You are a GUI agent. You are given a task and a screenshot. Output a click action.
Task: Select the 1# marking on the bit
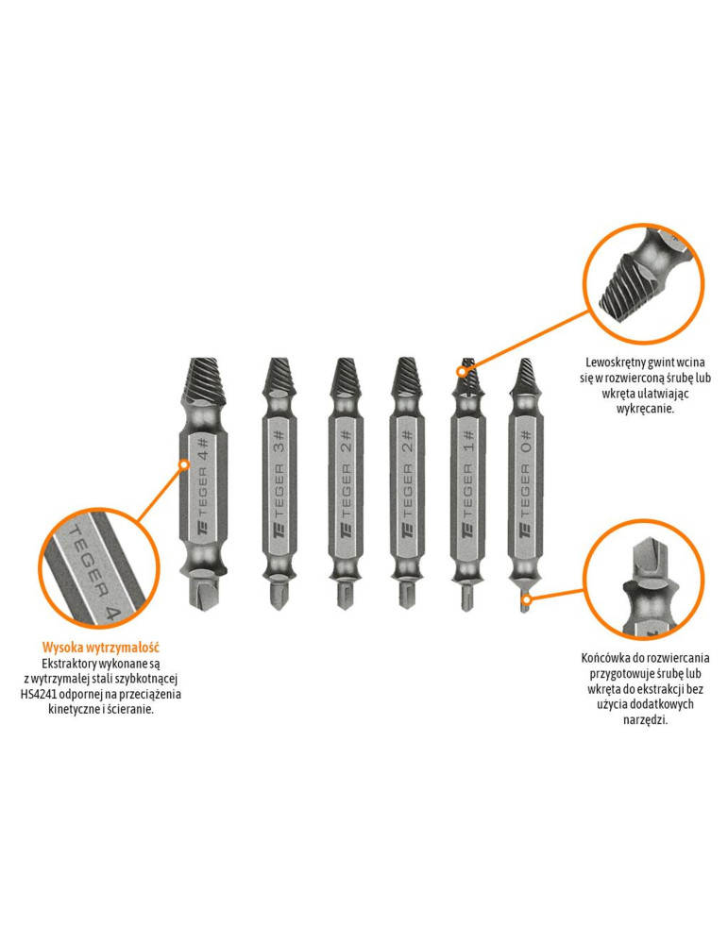(x=468, y=441)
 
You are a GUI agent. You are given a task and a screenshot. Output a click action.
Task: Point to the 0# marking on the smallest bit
(x=525, y=441)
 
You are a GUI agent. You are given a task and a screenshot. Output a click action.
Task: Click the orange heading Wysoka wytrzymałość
(x=100, y=648)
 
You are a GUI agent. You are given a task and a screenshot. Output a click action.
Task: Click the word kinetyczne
(x=74, y=709)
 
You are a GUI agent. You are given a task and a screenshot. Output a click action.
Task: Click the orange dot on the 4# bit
(x=184, y=464)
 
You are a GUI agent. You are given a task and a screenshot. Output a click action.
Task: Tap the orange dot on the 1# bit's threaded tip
(x=463, y=371)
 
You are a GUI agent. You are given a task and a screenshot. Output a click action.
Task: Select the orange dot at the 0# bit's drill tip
(x=526, y=599)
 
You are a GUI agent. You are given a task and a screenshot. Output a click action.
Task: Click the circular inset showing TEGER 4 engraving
(x=99, y=567)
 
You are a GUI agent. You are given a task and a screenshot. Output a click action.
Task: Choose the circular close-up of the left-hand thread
(x=644, y=283)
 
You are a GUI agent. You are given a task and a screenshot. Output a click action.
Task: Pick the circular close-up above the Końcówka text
(x=644, y=580)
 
